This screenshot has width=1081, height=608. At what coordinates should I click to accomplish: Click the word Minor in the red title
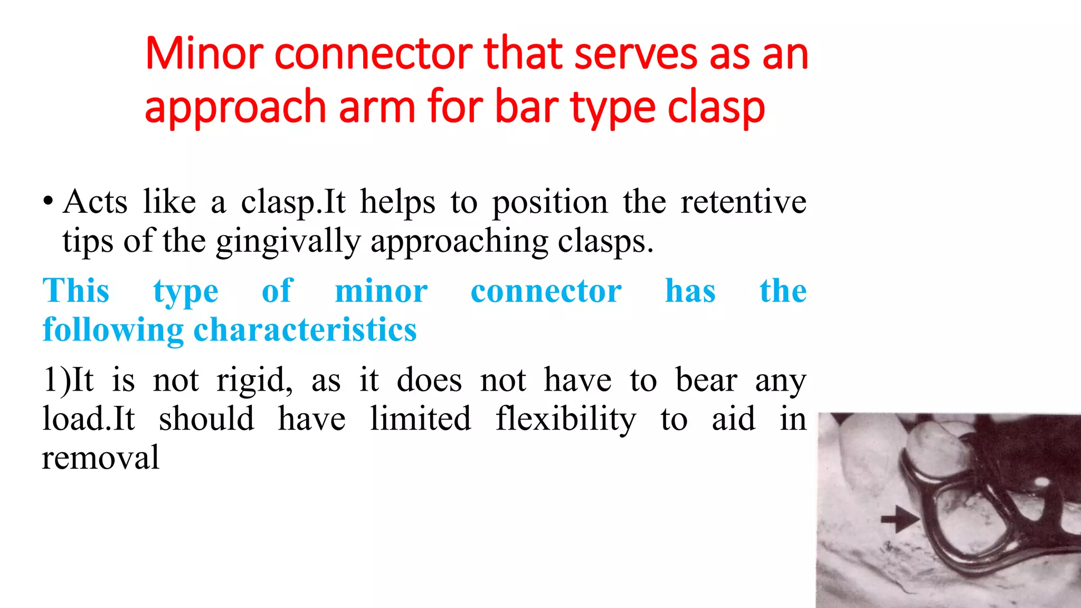(204, 54)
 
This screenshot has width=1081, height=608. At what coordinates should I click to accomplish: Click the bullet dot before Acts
(48, 202)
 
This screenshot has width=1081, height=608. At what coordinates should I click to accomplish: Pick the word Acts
(95, 202)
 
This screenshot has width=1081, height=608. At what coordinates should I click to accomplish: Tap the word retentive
(743, 202)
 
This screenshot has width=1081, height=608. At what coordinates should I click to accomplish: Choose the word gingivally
(288, 242)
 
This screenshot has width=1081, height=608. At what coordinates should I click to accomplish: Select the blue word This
(76, 291)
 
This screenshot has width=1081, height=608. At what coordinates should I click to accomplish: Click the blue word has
(690, 291)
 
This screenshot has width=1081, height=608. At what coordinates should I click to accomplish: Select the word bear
(706, 380)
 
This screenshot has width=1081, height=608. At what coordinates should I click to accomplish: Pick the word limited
(420, 419)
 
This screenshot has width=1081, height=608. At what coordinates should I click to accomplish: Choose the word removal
(100, 458)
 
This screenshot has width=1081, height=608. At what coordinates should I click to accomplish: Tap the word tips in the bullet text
(88, 242)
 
